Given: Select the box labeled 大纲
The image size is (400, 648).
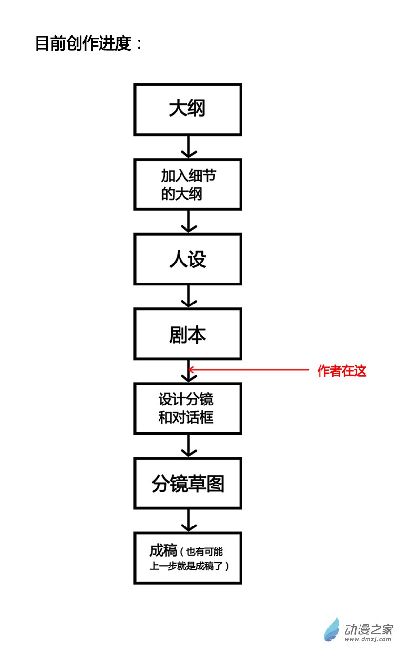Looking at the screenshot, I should click(x=188, y=109).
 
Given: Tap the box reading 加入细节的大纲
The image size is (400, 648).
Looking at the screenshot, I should click(x=188, y=184).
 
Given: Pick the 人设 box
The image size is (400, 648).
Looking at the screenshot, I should click(x=188, y=259).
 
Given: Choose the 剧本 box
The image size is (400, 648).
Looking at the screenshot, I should click(x=188, y=334).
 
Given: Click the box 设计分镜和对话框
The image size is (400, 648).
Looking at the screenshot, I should click(x=188, y=409).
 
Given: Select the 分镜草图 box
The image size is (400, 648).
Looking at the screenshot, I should click(x=188, y=484).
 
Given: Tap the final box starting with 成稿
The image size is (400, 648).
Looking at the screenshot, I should click(x=188, y=558).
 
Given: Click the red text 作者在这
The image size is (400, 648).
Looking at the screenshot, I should click(x=341, y=371).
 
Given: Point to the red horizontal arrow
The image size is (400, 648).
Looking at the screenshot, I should click(x=249, y=370).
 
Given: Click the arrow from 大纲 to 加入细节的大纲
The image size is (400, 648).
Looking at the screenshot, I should click(x=188, y=146).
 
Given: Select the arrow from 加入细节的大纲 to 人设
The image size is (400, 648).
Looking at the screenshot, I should click(x=188, y=222).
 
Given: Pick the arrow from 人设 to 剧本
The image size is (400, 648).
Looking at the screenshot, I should click(x=188, y=296).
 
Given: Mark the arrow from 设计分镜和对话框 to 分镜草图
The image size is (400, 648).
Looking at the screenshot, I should click(x=188, y=446).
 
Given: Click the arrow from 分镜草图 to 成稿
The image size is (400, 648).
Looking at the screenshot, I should click(x=188, y=521).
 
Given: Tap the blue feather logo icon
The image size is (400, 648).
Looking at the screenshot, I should click(x=332, y=629).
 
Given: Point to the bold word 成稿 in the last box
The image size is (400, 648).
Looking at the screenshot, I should click(x=163, y=551).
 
